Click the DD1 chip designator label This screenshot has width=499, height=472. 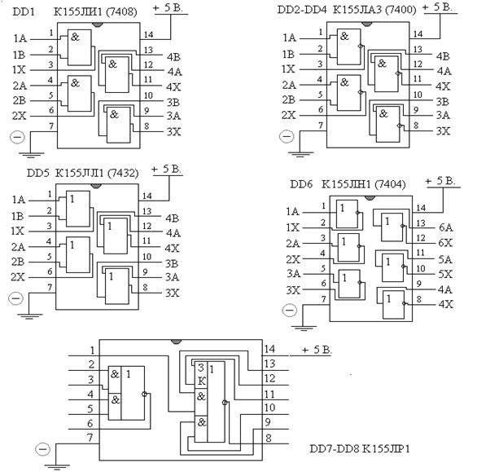24,11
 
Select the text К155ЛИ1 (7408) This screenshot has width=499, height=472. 95,11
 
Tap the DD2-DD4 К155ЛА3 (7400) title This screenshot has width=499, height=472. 347,10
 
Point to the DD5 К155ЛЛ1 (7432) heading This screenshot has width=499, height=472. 83,173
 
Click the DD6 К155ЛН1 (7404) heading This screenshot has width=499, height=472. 348,184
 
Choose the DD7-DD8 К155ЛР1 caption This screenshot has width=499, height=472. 360,448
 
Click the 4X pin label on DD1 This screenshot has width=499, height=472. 173,86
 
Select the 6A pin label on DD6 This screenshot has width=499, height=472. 445,227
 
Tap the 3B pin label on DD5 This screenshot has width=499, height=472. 172,263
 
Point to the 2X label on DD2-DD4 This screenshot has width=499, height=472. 289,115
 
